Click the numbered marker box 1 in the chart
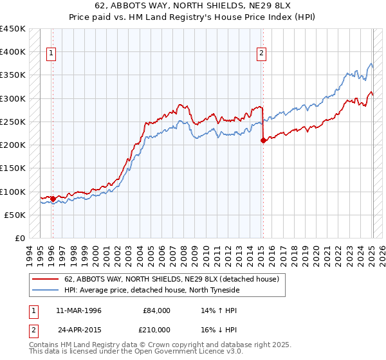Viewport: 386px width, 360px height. [51, 54]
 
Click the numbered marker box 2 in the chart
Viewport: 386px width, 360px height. [262, 54]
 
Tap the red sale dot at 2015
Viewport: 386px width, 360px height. [263, 140]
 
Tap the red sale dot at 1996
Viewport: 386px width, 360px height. [53, 199]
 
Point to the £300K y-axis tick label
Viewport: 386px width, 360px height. [13, 98]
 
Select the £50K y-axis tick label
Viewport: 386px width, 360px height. [15, 215]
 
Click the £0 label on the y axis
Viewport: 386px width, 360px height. [19, 238]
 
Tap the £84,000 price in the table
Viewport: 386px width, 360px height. [155, 310]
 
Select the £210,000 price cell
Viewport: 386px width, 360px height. [155, 329]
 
